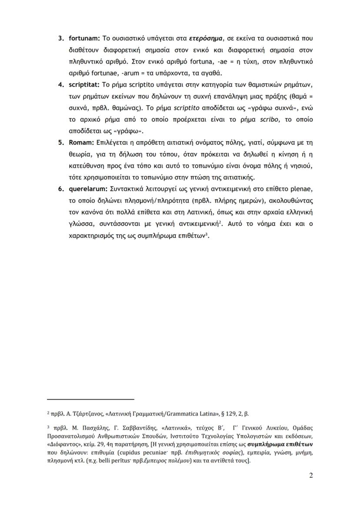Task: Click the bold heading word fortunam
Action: coord(85,39)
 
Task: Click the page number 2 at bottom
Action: coord(311,475)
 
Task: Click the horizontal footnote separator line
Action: coord(90,399)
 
